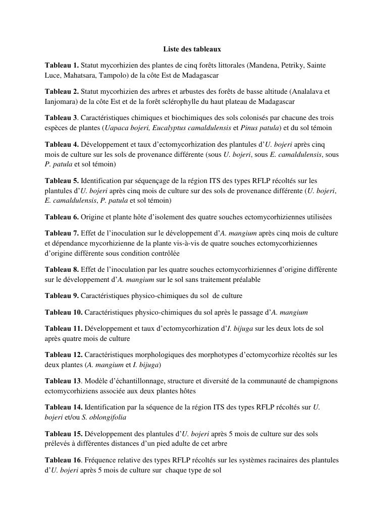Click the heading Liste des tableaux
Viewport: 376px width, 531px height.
click(192, 49)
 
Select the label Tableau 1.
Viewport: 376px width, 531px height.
click(62, 66)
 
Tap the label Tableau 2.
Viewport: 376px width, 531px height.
click(62, 92)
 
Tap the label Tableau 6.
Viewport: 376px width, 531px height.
click(62, 217)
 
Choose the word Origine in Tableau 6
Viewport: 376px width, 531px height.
click(93, 217)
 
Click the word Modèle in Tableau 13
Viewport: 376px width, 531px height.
click(100, 381)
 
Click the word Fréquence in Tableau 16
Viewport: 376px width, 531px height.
click(102, 460)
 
